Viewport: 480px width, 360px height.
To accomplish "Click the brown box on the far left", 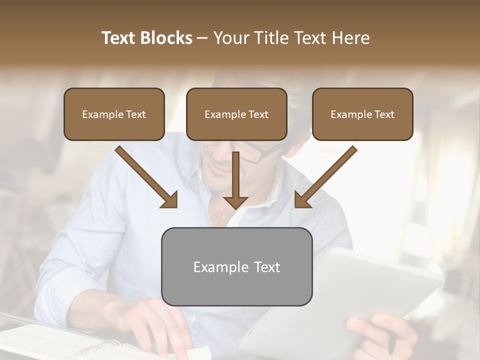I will [x=114, y=114].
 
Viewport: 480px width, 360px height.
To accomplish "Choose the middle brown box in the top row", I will [x=236, y=114].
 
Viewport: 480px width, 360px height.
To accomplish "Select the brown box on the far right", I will [x=362, y=114].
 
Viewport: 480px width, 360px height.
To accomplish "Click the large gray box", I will [x=236, y=266].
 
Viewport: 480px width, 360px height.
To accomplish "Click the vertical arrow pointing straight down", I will [x=235, y=182].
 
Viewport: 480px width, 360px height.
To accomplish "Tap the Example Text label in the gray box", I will [x=236, y=267].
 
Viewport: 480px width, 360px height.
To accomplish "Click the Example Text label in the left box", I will [x=114, y=114].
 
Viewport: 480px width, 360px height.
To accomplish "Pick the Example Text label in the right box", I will [x=362, y=114].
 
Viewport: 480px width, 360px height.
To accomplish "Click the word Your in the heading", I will [x=230, y=38].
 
